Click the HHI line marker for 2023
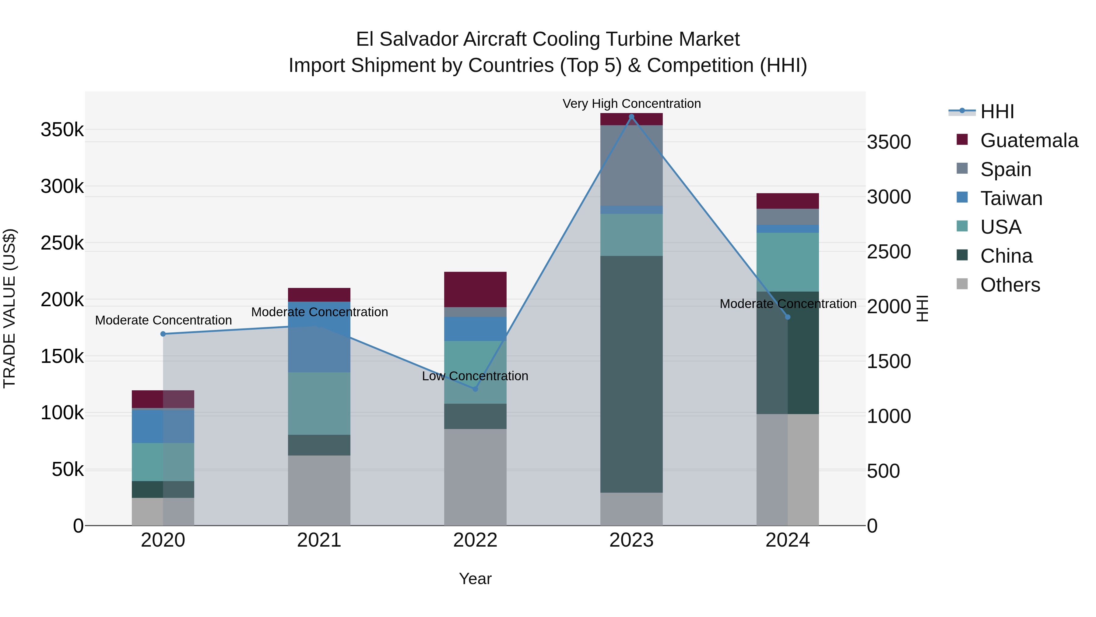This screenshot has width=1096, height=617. (x=631, y=117)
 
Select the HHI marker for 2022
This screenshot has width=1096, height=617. (x=475, y=389)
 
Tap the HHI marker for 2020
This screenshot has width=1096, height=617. (x=163, y=334)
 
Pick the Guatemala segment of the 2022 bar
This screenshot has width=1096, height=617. (x=475, y=289)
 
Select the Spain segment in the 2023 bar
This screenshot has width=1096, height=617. (x=631, y=165)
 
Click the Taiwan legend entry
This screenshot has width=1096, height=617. (x=1011, y=198)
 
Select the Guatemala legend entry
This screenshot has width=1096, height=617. (x=1029, y=140)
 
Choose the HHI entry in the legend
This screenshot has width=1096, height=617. (x=997, y=112)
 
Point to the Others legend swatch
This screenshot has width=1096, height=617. (x=962, y=284)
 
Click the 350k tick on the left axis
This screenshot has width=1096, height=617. (x=62, y=129)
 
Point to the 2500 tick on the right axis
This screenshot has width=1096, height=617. (x=889, y=252)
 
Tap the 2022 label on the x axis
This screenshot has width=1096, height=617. (x=475, y=540)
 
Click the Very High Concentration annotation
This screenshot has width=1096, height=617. (x=631, y=104)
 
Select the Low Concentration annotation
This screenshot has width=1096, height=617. (x=475, y=376)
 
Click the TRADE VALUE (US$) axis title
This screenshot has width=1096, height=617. (x=9, y=308)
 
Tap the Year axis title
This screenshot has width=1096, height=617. (x=475, y=579)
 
